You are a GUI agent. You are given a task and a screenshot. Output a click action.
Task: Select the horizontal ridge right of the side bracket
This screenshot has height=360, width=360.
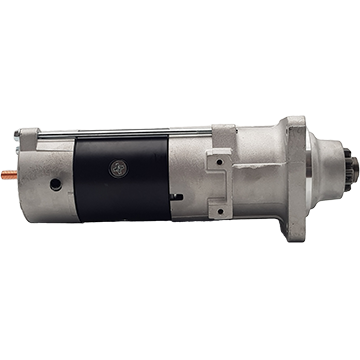[260, 177]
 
